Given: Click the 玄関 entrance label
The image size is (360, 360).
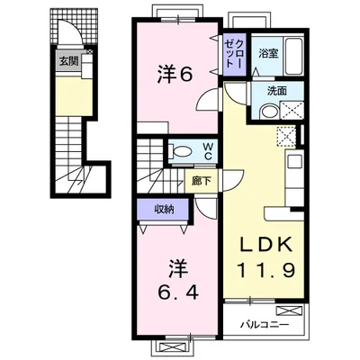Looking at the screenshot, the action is click(x=68, y=61).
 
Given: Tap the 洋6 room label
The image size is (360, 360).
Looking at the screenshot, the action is click(x=175, y=75).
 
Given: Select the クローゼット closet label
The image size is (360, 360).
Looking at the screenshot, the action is click(x=234, y=53).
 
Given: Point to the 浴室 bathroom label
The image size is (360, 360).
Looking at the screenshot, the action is click(x=268, y=54).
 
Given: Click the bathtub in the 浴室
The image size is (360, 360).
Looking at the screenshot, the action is click(x=294, y=57).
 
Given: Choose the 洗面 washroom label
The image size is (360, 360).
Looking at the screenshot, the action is click(x=277, y=91).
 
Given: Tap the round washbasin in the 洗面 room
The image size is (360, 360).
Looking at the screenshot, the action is click(x=269, y=112).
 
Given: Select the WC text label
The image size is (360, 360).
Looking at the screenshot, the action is click(x=208, y=151).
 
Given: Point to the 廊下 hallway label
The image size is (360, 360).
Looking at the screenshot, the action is click(x=202, y=181).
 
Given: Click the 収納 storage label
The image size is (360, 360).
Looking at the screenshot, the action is click(x=164, y=210).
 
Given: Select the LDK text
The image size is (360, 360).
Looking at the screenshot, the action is click(x=266, y=246).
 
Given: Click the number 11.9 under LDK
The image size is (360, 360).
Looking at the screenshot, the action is click(x=266, y=270).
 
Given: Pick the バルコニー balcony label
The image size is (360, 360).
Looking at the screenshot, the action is click(x=265, y=325).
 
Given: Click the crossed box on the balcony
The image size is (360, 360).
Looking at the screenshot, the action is click(x=289, y=310).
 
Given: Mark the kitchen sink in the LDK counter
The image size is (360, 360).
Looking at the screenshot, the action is click(x=294, y=162).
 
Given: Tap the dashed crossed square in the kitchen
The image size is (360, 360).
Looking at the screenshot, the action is click(x=287, y=137).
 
